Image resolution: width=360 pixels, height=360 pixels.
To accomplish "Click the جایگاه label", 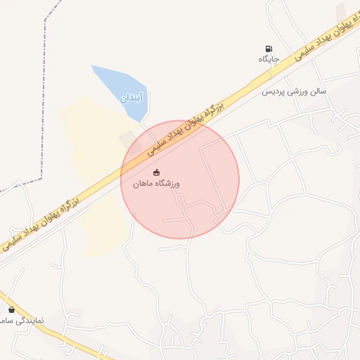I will pos(269,58).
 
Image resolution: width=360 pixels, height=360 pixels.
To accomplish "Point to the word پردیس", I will pos(274,92).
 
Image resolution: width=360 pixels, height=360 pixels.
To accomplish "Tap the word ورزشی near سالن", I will pos(297,92).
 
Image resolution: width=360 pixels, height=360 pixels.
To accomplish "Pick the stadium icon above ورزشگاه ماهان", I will pos(156,172).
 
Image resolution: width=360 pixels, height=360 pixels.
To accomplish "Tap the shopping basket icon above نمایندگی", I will pos(11,309).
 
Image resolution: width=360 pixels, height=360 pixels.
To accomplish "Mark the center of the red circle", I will pos(180,179).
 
